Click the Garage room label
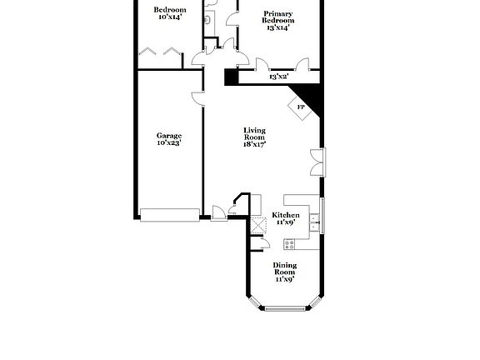pos(169,136)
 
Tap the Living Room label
pos(254,132)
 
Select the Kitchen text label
pos(286,215)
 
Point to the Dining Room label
pos(285,268)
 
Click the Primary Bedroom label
pos(278,17)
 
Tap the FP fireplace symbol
pos(301,107)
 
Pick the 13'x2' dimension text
pos(278,77)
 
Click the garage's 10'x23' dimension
pos(169,143)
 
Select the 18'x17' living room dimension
pos(254,143)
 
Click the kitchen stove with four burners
pos(290,244)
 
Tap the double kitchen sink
pos(314,221)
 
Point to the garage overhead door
pos(169,215)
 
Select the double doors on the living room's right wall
pos(315,162)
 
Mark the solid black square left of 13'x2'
pos(230,76)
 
